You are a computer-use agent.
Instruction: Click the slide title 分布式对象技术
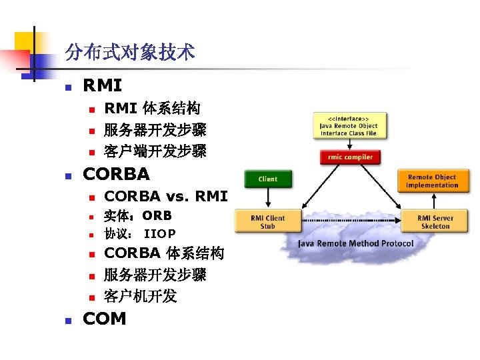click(x=130, y=52)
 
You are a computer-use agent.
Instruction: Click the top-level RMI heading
click(x=102, y=85)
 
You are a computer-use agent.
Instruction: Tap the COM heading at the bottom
click(x=104, y=319)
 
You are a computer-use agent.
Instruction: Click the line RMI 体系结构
click(x=153, y=108)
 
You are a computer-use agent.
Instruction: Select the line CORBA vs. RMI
click(x=166, y=196)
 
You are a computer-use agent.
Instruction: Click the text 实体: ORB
click(x=137, y=215)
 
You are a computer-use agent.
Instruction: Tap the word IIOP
click(x=160, y=234)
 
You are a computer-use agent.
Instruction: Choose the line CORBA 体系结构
click(x=164, y=253)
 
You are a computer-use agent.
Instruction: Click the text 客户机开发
click(x=140, y=295)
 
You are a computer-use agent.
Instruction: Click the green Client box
click(x=268, y=179)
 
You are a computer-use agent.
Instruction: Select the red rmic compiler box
click(x=350, y=157)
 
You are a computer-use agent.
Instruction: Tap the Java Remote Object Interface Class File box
click(x=349, y=125)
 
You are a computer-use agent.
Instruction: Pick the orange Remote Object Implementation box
click(x=431, y=181)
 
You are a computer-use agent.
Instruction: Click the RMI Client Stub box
click(x=268, y=222)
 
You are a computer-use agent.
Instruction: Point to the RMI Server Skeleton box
click(x=435, y=222)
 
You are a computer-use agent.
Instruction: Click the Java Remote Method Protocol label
click(x=355, y=243)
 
